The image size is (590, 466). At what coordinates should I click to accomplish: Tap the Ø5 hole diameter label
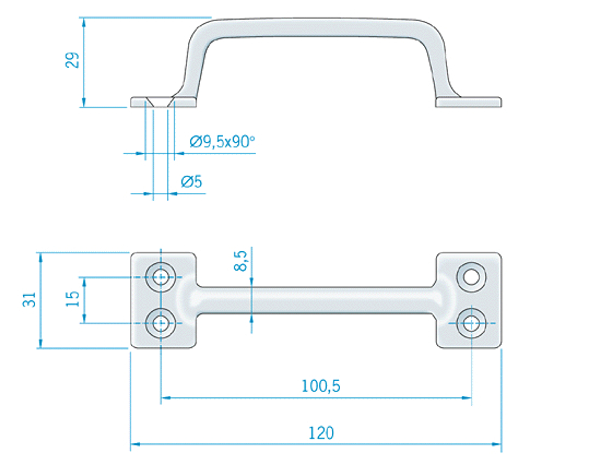pos(191,182)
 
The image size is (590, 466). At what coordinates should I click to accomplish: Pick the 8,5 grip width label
pos(240,261)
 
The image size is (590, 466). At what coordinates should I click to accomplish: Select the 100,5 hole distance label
pos(321,386)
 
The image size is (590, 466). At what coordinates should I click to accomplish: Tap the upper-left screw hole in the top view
pos(161,277)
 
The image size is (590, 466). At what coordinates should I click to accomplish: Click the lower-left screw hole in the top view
pos(161,323)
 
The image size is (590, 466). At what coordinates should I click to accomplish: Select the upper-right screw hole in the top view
pos(472,277)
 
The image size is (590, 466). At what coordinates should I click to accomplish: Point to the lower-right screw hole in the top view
pos(472,323)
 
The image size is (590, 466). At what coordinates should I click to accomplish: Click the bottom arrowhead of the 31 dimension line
pos(41,343)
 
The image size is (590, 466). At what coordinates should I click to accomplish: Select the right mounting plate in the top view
pos(468,300)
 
